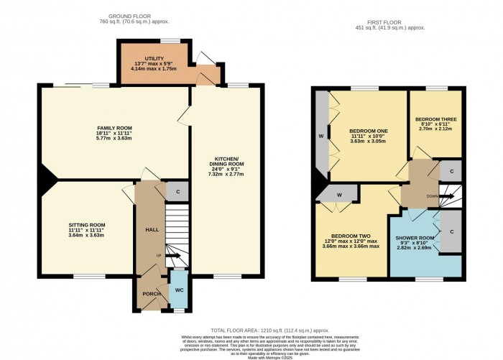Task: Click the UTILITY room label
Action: tap(154, 58)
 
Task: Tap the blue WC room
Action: tap(178, 290)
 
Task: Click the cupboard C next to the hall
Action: tap(177, 191)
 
